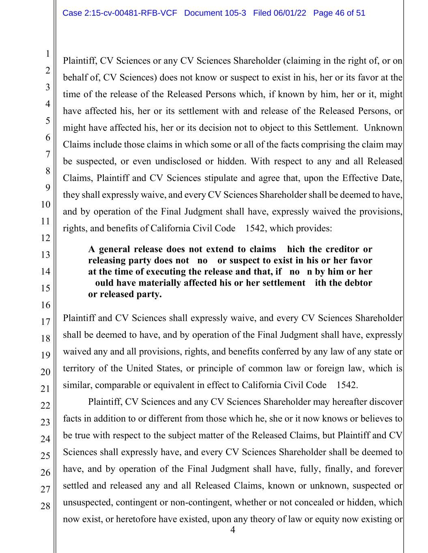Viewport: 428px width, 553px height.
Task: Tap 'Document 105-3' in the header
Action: pyautogui.click(x=215, y=13)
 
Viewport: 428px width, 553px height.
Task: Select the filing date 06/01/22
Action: pyautogui.click(x=290, y=13)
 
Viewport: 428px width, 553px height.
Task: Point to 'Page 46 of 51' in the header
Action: pyautogui.click(x=339, y=13)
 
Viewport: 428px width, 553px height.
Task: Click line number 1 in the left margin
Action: pyautogui.click(x=47, y=54)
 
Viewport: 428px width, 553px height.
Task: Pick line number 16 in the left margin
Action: pyautogui.click(x=45, y=305)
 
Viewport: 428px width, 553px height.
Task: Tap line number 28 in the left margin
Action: pyautogui.click(x=45, y=506)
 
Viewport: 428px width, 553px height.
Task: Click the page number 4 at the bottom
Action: pyautogui.click(x=232, y=530)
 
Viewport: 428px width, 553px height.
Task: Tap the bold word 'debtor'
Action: pyautogui.click(x=358, y=283)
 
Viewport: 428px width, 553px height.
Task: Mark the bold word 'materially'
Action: pyautogui.click(x=162, y=283)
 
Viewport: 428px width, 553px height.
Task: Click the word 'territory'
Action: pyautogui.click(x=79, y=368)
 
